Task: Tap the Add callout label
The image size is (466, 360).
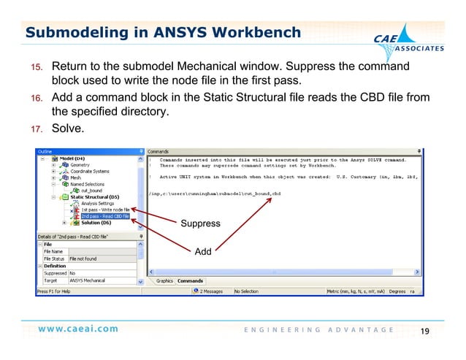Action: click(202, 252)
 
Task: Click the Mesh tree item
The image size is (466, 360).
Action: click(75, 177)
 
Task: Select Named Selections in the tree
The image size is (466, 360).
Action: click(88, 184)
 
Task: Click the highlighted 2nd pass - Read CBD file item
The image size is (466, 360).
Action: click(104, 216)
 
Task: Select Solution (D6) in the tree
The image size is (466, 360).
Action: click(96, 223)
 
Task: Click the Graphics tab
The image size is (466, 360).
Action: click(164, 280)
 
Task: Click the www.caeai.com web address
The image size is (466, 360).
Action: click(78, 329)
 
